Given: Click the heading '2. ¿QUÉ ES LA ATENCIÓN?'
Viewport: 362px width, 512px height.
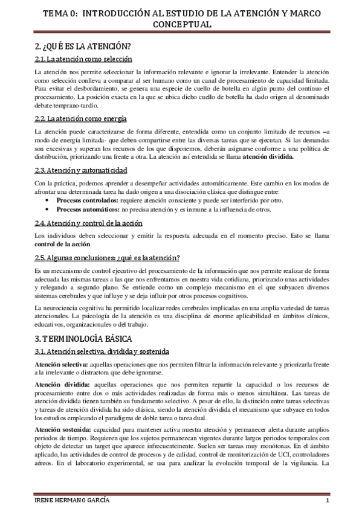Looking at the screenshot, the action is pyautogui.click(x=83, y=46).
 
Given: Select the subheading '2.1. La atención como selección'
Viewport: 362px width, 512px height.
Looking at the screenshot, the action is pyautogui.click(x=83, y=59).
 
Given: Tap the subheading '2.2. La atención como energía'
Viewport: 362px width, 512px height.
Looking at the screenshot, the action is pyautogui.click(x=80, y=118).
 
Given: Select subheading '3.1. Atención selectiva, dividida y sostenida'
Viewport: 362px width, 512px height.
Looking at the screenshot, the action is pyautogui.click(x=102, y=351).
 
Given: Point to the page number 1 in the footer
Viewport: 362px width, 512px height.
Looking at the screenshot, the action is pyautogui.click(x=327, y=502).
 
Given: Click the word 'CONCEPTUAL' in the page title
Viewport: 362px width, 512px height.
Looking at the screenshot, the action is pyautogui.click(x=181, y=25).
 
